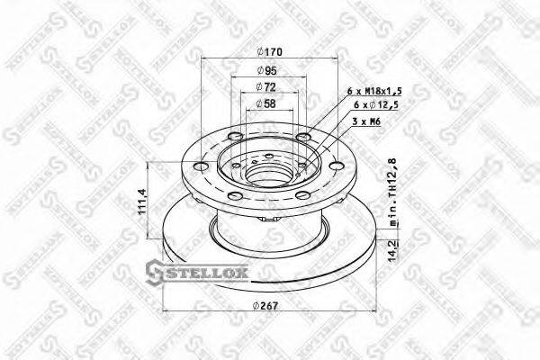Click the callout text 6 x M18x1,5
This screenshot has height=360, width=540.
click(374, 92)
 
